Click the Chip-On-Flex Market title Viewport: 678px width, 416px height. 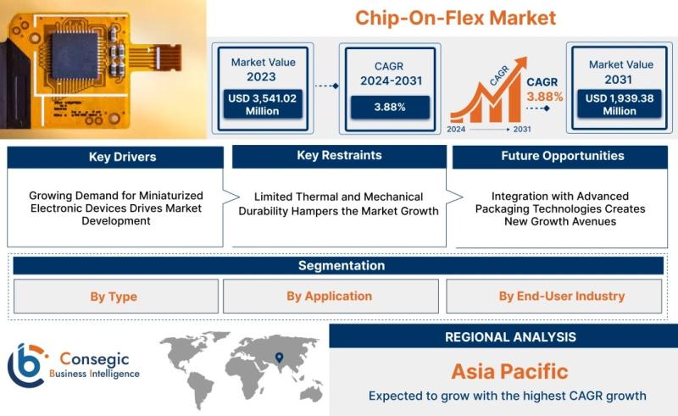point(455,18)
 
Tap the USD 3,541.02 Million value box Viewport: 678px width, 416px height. point(263,104)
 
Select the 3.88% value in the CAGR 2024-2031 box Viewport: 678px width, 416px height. point(390,107)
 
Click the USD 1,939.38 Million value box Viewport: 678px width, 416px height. point(620,104)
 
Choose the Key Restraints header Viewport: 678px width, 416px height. point(340,156)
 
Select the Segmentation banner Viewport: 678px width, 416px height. point(338,265)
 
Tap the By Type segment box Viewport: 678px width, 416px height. point(116,297)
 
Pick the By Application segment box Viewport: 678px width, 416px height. point(331,297)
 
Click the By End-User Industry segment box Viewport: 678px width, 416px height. point(554,297)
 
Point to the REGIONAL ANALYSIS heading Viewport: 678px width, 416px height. point(511,337)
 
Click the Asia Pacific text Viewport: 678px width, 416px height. point(510,371)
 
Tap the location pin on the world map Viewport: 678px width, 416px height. point(280,358)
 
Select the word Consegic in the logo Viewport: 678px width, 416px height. point(94,359)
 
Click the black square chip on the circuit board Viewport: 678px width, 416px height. point(75,55)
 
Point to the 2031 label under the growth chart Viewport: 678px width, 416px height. point(522,130)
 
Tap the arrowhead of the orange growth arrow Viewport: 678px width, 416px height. point(521,63)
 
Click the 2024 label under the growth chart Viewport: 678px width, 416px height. point(456,130)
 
